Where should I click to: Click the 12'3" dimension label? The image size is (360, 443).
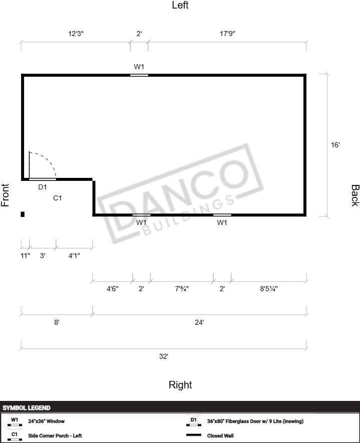76,34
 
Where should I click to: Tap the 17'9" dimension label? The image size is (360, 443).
228,34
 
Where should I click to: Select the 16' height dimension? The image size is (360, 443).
335,145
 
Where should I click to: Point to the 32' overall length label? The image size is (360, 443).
164,356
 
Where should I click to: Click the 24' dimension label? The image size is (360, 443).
199,322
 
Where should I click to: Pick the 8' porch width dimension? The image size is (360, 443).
57,322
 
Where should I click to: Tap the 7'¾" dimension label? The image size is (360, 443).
182,289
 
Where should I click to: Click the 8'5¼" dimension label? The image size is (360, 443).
269,289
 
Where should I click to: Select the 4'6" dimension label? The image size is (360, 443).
112,289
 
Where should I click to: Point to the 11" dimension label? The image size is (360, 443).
25,256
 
